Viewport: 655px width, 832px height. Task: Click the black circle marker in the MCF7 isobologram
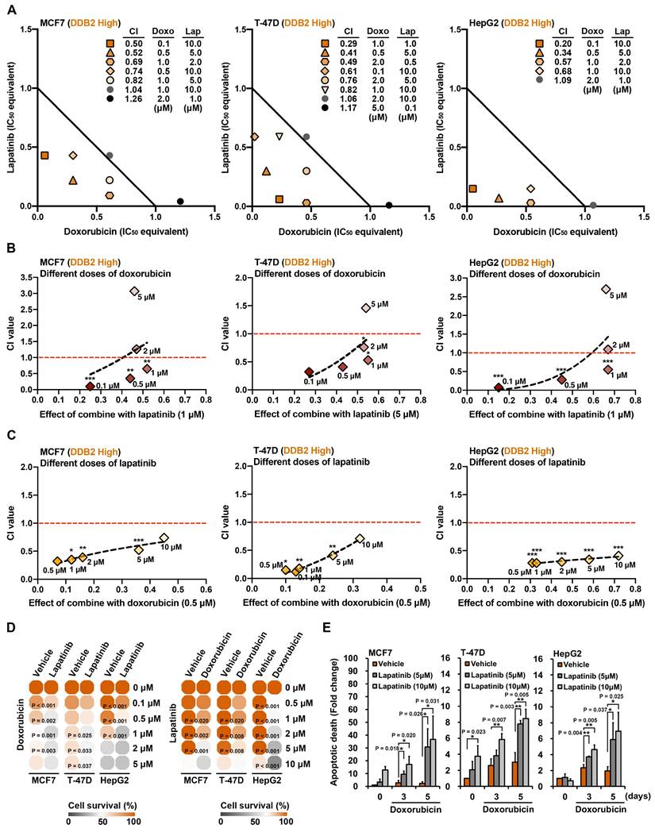(180, 202)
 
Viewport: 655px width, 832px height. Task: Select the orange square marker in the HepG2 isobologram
(473, 189)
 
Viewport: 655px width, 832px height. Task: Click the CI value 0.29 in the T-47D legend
(347, 43)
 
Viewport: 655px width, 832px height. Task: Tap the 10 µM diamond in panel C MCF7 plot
(164, 538)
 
